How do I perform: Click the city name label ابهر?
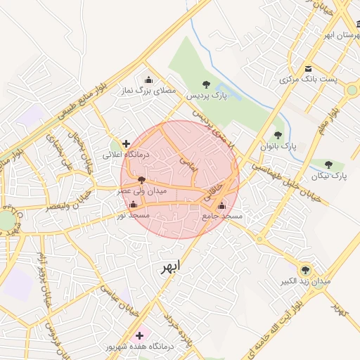coord(170,266)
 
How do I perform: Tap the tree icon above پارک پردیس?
coord(205,84)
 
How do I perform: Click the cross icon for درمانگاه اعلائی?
coord(126,143)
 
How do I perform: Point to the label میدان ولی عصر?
coord(142,191)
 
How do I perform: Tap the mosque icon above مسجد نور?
coord(134,205)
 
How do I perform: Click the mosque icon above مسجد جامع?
coord(222,206)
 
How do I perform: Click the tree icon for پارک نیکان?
coord(329,165)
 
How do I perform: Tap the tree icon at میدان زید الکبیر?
coord(305,270)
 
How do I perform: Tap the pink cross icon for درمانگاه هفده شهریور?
coord(139,335)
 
